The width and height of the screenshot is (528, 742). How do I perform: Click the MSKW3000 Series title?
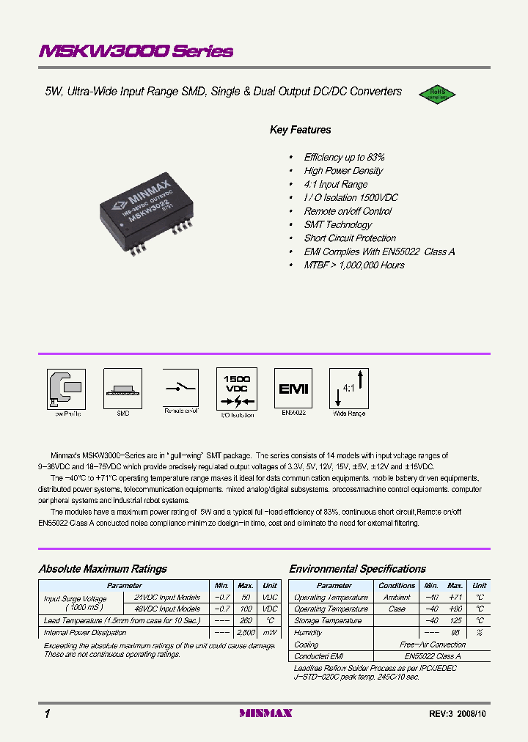136,51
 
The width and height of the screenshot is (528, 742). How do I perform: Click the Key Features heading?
301,130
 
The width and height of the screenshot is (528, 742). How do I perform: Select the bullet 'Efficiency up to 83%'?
344,158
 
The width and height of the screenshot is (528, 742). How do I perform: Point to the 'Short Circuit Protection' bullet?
350,238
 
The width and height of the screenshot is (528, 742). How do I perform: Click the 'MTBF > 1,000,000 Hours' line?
354,265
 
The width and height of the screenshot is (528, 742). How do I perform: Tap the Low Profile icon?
67,389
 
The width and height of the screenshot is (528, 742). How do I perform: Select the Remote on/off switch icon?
180,388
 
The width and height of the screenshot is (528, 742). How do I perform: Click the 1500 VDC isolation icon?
237,389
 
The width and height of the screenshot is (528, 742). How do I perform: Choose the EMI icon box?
294,389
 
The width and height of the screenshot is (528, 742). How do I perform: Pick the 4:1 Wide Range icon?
348,389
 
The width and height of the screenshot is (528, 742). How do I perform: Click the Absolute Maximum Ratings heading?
103,569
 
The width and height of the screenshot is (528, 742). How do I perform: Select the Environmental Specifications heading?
357,569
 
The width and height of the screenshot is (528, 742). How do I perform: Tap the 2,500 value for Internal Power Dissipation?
246,632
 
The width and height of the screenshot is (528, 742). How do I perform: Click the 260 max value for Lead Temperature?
246,620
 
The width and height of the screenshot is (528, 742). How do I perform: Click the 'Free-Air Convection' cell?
432,644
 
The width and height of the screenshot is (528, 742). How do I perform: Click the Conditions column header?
397,586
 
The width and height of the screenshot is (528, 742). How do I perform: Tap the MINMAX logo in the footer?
266,713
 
